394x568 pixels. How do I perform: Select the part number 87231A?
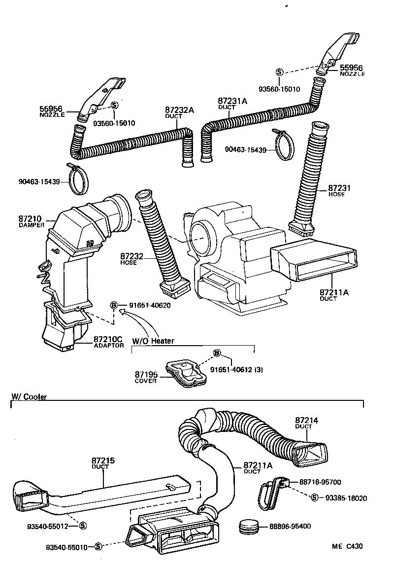232,101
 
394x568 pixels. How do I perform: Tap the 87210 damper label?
30,218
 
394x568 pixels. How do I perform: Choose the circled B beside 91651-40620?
114,306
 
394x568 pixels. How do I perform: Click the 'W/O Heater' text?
153,341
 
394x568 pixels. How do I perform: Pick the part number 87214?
307,420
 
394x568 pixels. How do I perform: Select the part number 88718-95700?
320,482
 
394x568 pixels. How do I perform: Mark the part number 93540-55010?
67,547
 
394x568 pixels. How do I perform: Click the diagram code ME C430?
347,546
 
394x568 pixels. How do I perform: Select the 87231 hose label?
339,189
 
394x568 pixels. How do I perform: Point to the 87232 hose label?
131,257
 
